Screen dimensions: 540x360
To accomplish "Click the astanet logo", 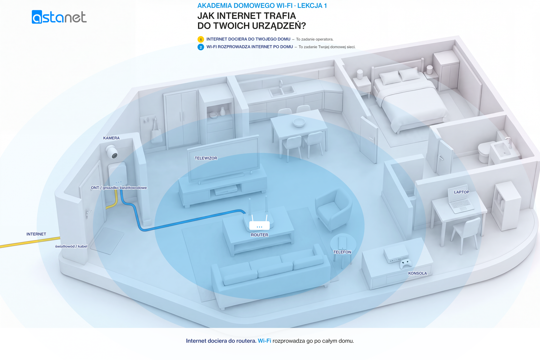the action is tap(59, 17).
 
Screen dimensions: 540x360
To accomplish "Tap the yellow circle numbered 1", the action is tap(201, 39).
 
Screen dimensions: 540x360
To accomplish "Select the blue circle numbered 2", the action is tap(201, 47).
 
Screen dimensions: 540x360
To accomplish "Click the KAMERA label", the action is tap(111, 138).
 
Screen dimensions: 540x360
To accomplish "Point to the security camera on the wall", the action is tap(112, 151).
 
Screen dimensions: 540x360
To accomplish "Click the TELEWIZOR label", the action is tap(206, 158).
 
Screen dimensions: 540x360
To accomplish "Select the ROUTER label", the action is tap(259, 235).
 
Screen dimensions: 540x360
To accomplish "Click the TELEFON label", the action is tap(342, 252).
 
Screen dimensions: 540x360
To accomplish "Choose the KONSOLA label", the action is tap(418, 273).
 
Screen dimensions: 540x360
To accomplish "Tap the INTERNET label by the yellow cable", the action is tap(36, 234).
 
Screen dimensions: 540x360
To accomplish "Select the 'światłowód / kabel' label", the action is tap(71, 246).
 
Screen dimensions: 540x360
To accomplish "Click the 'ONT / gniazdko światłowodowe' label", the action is tap(119, 188).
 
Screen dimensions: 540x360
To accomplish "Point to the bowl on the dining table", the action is tap(299, 122).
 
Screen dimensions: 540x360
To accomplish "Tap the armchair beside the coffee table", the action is tap(334, 210).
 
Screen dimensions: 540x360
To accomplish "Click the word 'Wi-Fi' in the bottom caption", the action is tap(264, 341).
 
